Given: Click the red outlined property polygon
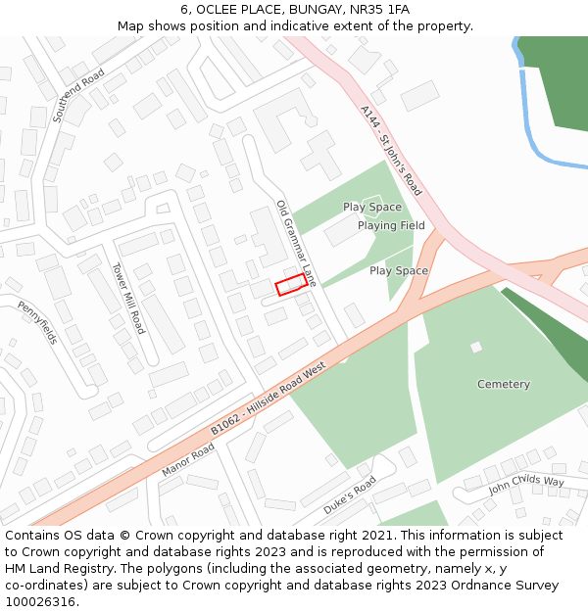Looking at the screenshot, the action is [289, 285].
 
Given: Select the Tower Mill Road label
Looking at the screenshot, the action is [127, 298].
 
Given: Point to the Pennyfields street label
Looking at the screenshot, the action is [38, 322].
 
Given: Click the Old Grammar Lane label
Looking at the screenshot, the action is [296, 243].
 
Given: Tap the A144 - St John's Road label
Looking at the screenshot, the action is [390, 151].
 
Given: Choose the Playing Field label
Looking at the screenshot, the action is [391, 225].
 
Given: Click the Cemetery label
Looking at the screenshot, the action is [504, 384].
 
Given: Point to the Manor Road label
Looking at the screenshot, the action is [187, 459].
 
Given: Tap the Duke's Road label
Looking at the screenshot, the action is [350, 494].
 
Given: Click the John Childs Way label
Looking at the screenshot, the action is [526, 483].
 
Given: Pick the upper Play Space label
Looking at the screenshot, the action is [372, 207].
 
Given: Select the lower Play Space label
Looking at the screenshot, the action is [399, 270].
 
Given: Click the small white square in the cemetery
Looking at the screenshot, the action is [476, 347].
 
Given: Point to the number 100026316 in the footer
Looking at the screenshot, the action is [40, 601].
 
